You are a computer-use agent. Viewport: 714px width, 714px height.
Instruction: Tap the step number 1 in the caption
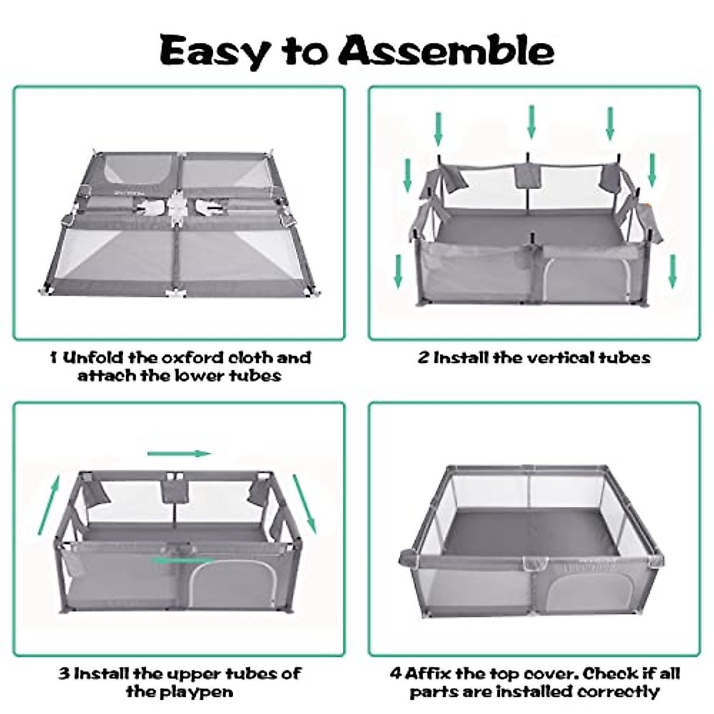point(54,358)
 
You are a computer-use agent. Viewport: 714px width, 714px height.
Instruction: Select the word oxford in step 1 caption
point(192,358)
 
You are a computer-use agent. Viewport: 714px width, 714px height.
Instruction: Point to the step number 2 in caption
point(424,358)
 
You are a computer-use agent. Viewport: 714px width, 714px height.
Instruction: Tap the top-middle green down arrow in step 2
point(531,122)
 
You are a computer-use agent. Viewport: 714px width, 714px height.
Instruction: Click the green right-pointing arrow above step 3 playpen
point(179,453)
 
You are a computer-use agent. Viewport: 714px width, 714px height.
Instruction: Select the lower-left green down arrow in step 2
point(398,271)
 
